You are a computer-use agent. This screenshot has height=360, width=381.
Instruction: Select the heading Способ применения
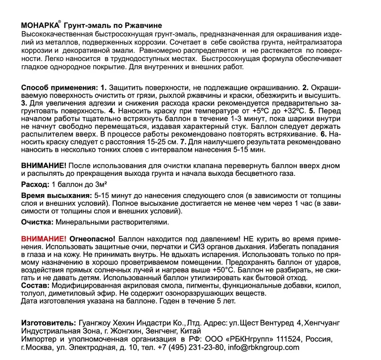click(x=58, y=88)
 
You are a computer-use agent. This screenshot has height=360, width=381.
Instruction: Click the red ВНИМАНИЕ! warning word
click(x=43, y=240)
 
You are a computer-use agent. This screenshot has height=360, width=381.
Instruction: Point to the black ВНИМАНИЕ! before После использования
click(x=43, y=165)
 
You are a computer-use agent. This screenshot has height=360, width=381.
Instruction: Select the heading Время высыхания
click(x=56, y=196)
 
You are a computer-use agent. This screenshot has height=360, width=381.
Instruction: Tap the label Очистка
click(x=37, y=223)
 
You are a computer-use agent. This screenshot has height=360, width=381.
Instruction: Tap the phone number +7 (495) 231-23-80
click(x=190, y=347)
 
